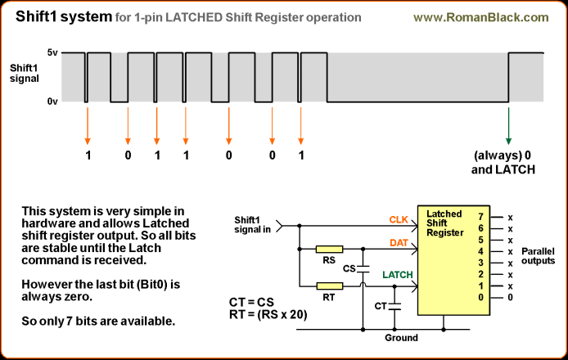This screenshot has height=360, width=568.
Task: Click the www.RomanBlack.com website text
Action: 492,16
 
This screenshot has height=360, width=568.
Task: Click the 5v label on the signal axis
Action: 29,52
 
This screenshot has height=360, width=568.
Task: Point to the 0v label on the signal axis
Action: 29,101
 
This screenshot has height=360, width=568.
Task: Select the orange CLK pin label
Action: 399,218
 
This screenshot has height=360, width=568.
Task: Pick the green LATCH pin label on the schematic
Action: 399,275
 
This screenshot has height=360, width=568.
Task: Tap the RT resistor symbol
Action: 330,286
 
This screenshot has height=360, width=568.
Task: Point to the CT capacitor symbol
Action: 395,306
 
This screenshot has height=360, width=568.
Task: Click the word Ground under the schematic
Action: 401,337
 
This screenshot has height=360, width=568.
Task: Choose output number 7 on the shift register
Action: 480,217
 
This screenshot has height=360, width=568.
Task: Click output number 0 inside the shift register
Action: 480,297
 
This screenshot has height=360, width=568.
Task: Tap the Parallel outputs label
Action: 538,255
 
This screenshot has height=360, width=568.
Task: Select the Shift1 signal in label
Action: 252,223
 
